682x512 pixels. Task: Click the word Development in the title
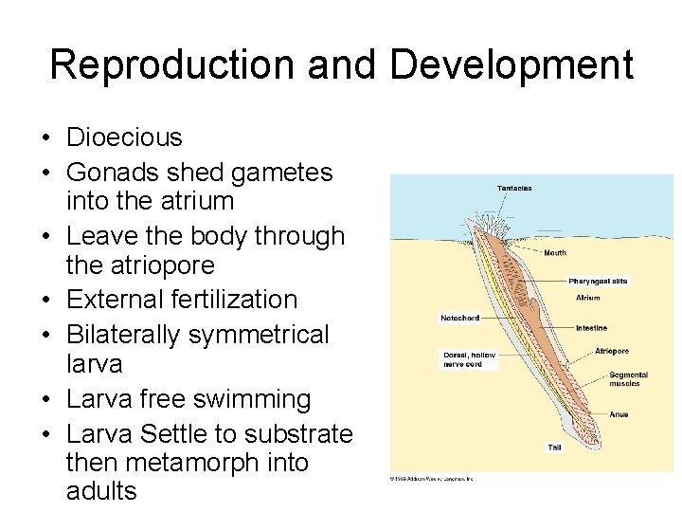pos(511,64)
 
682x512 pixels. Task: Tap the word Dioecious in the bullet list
pos(124,137)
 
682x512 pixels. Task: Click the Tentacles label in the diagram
pos(514,188)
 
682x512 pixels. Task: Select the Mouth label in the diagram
pos(555,253)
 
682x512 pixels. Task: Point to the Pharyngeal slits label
pos(598,282)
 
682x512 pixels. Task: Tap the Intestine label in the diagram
pos(591,328)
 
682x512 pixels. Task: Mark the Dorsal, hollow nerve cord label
pos(469,359)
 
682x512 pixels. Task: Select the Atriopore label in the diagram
pos(612,352)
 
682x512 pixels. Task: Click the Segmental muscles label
pos(628,379)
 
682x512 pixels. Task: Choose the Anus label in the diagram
pos(619,414)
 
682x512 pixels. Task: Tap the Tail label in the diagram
pos(554,447)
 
